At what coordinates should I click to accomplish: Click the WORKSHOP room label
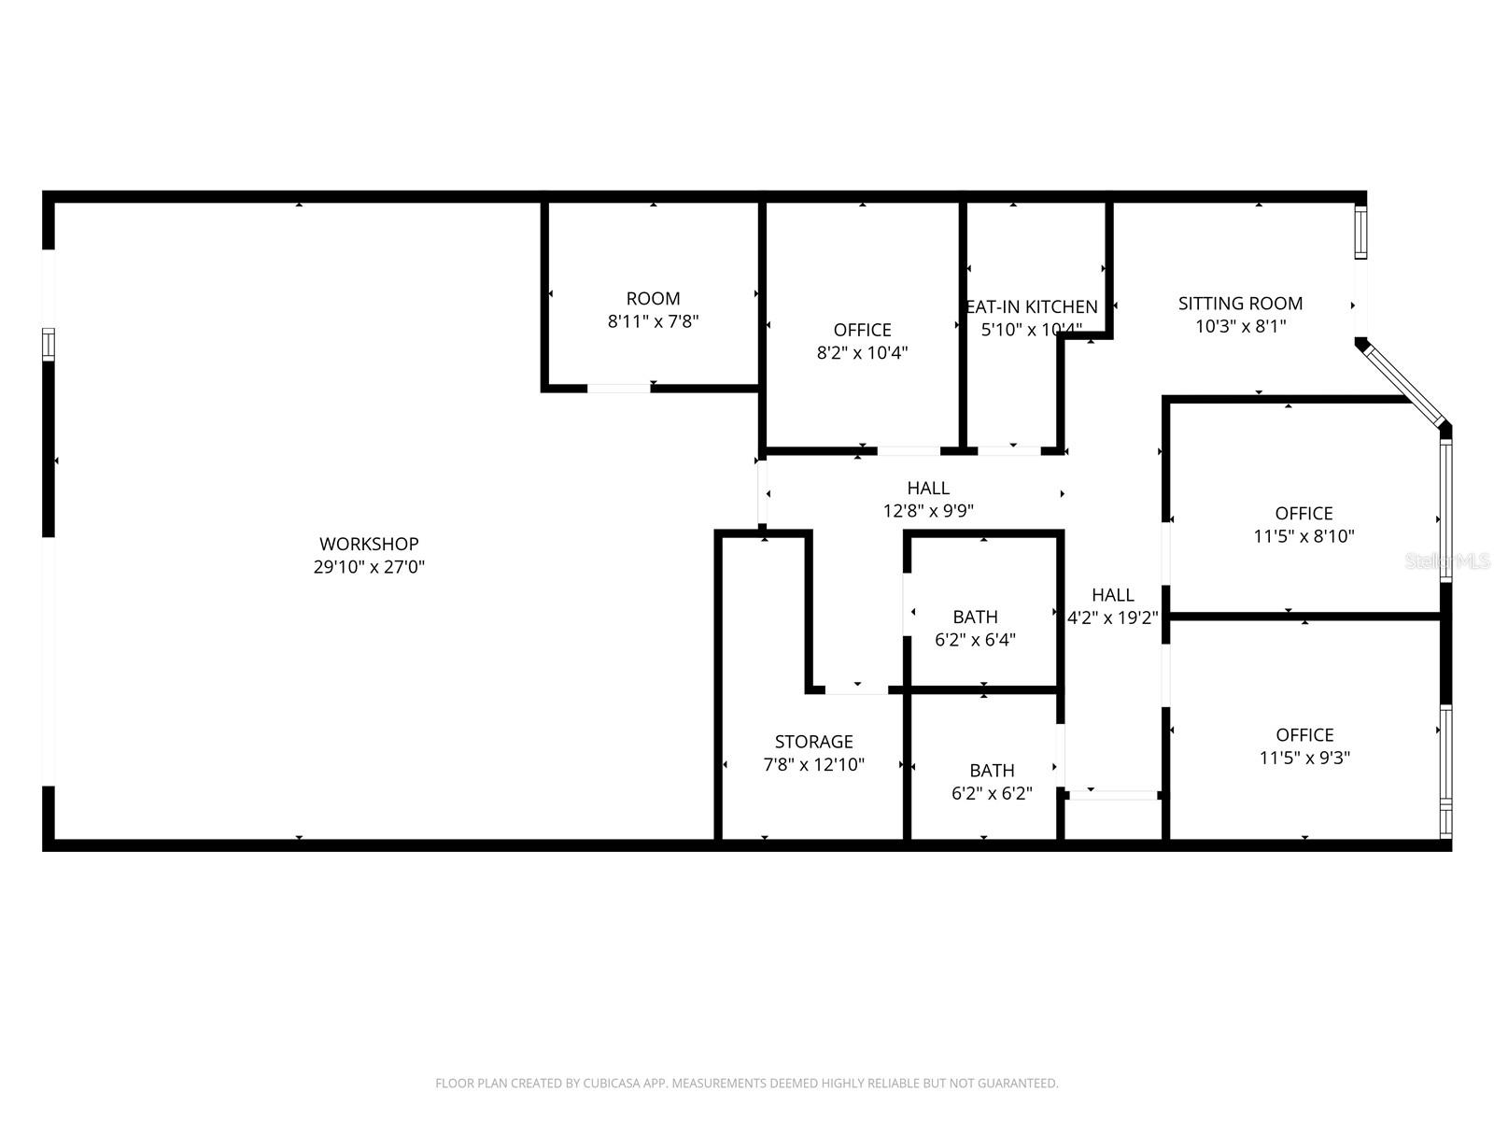coord(369,544)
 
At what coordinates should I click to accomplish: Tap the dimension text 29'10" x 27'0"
coord(369,566)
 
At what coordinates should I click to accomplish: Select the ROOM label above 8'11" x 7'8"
coord(653,299)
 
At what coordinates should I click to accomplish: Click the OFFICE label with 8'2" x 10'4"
coord(862,330)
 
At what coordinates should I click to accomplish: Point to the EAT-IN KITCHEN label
coord(1032,307)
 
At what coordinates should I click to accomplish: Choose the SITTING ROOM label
coord(1240,304)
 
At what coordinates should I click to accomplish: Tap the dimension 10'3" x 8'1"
coord(1240,326)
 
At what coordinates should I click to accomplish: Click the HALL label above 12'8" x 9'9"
coord(928,489)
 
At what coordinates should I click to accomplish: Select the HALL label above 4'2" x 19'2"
coord(1113,595)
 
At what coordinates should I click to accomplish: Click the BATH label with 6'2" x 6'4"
coord(975,617)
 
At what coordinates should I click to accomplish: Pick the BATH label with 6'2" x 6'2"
coord(992,771)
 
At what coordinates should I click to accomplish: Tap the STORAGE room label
coord(813,742)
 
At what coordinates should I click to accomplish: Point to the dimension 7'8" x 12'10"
coord(813,764)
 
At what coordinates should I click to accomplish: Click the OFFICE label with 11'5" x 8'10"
coord(1304,514)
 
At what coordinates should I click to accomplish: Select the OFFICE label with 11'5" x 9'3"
coord(1304,735)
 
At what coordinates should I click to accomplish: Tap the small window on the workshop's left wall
coord(48,343)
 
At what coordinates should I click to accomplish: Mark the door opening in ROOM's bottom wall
coord(618,388)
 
